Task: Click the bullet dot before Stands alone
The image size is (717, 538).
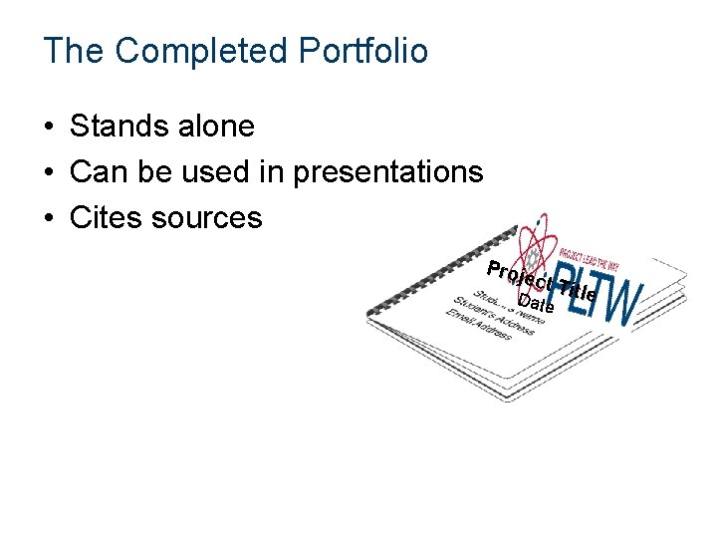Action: click(x=48, y=128)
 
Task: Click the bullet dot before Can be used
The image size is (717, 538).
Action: click(x=48, y=173)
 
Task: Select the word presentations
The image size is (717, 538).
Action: click(x=387, y=172)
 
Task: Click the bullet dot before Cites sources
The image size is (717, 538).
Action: click(x=48, y=218)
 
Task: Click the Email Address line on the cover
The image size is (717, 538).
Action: click(x=478, y=326)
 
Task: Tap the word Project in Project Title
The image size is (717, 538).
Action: click(x=518, y=271)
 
